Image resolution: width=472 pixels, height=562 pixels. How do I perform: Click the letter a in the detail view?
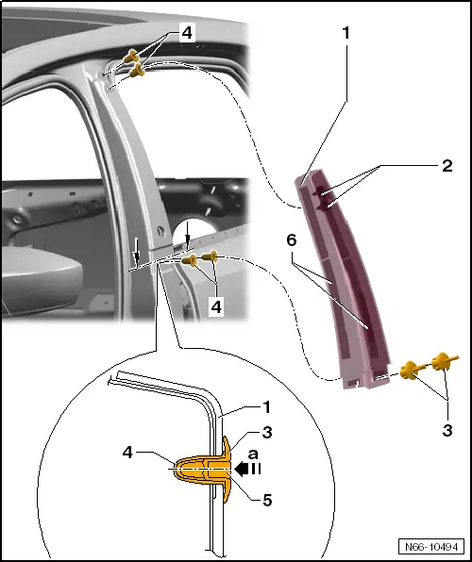(252, 453)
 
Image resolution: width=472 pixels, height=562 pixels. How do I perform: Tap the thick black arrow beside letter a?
(249, 467)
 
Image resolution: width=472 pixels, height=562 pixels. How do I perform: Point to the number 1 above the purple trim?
(346, 32)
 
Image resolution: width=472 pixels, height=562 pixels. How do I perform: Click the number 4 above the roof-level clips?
(187, 33)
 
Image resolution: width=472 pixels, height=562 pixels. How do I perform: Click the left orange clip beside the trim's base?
(412, 369)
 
